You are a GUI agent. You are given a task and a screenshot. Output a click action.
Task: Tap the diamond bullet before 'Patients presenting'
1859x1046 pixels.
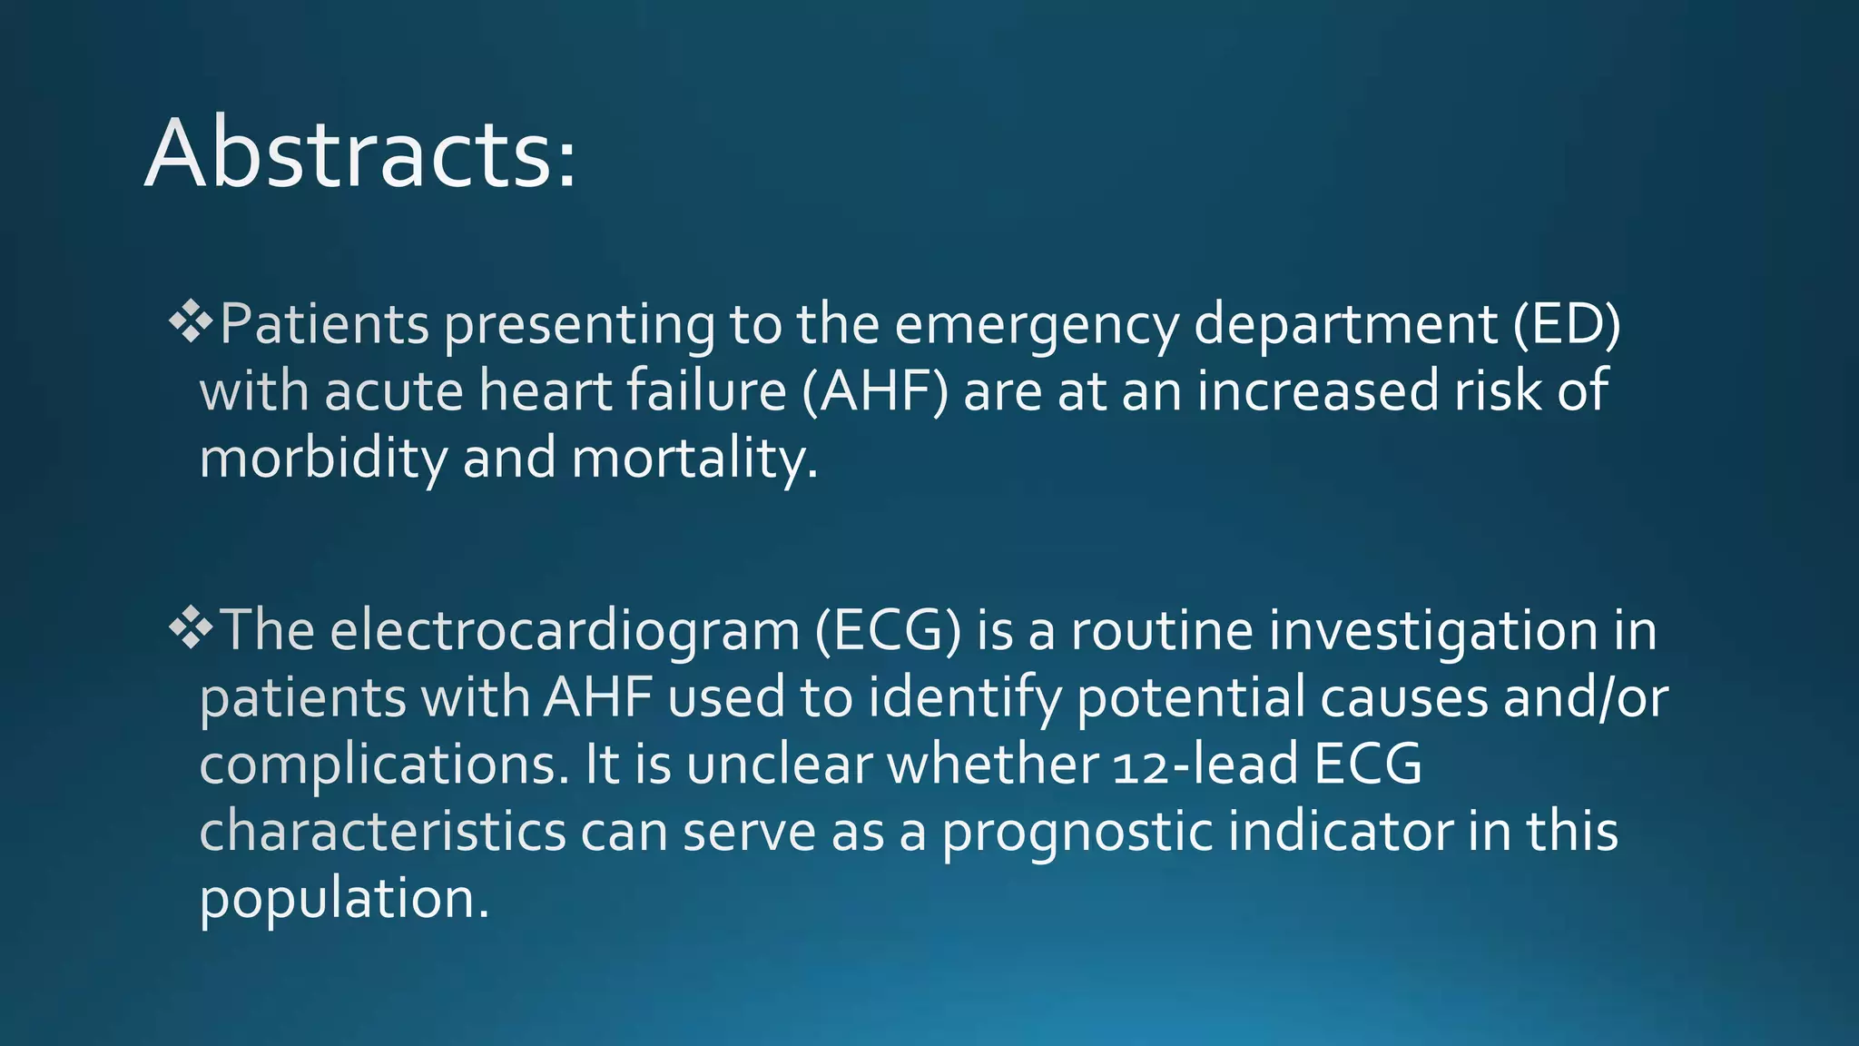(x=191, y=322)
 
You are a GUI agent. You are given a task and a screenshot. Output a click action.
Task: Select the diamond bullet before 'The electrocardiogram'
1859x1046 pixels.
(x=191, y=628)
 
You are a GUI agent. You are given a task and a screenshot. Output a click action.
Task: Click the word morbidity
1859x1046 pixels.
(x=322, y=458)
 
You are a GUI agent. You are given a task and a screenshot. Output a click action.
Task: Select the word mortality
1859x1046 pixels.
(x=694, y=458)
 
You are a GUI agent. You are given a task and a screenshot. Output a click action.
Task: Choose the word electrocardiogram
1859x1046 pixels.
(x=565, y=630)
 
